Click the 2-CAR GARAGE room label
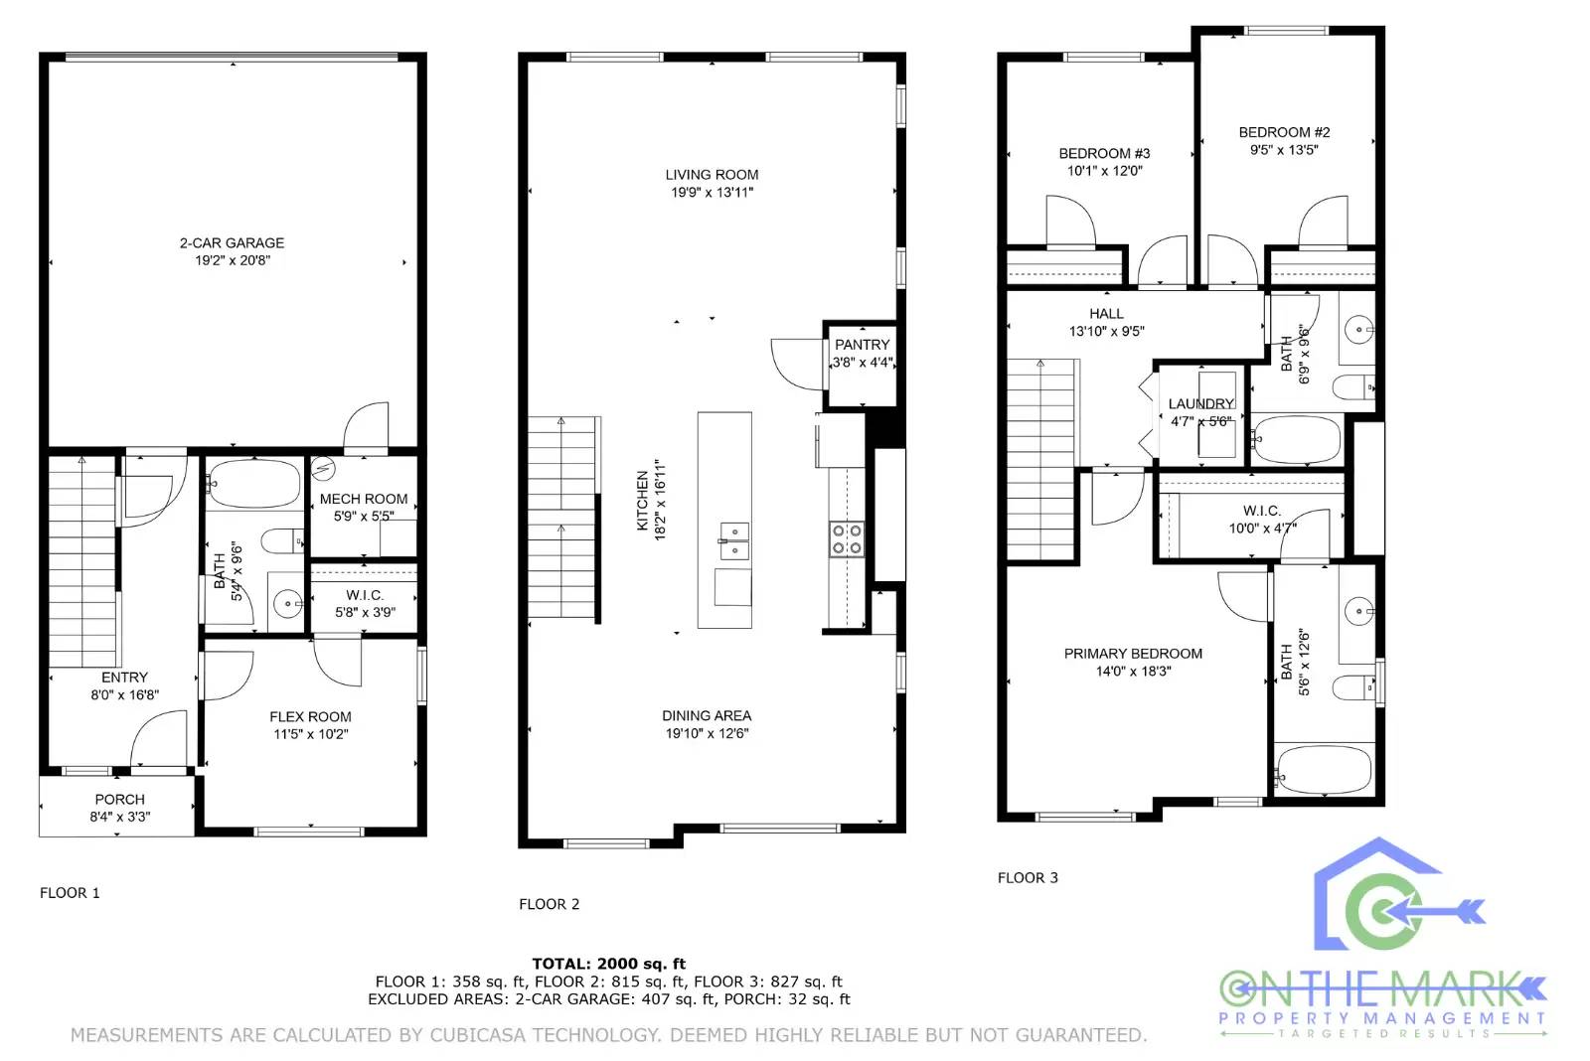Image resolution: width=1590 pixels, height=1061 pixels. [232, 242]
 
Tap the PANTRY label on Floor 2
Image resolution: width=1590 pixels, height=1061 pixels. [862, 345]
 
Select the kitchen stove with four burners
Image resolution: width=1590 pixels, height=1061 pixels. [847, 538]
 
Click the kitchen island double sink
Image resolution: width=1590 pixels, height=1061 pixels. [734, 541]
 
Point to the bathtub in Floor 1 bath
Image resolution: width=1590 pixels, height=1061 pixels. [254, 484]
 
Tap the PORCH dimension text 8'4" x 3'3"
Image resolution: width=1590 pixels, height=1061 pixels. [119, 817]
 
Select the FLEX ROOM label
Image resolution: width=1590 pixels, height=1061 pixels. [310, 716]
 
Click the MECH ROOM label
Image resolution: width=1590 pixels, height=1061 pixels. [363, 499]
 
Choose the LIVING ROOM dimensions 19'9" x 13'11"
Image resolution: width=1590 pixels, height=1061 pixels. [712, 192]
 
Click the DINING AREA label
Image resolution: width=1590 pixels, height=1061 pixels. [707, 715]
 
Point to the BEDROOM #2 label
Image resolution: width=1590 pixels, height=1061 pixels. [1284, 132]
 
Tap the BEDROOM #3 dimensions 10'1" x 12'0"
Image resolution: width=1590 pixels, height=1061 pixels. [1104, 171]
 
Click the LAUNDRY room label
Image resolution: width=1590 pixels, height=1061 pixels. [1200, 403]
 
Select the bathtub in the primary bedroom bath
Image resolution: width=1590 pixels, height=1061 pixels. [1324, 770]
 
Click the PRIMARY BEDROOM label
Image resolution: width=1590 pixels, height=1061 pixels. [1133, 654]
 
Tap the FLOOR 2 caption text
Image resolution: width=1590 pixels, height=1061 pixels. [549, 904]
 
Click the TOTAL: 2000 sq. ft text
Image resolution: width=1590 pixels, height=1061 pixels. [608, 964]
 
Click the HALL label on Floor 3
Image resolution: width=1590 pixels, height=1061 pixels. [1106, 314]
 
